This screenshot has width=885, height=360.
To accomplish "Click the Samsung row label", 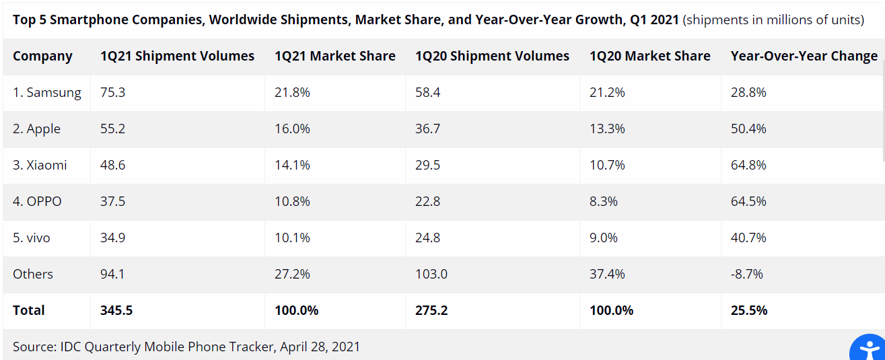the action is [46, 93].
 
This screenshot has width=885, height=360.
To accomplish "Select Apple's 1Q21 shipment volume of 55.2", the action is [112, 129].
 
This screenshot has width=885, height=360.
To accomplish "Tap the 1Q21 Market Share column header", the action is [335, 56].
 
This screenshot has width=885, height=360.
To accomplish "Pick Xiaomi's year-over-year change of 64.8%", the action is [748, 165].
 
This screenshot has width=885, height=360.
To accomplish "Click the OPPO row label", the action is [37, 202].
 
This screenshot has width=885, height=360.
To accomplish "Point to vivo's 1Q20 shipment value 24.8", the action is [427, 238].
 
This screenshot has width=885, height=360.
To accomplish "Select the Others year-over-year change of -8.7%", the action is [747, 275].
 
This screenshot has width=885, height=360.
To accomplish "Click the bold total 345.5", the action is [116, 311].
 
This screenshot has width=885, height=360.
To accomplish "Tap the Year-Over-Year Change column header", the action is [804, 56].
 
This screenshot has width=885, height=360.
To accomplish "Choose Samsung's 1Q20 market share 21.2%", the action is [607, 92].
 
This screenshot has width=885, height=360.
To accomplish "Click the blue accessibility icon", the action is [868, 349].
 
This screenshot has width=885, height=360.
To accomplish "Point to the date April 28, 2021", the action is [320, 347].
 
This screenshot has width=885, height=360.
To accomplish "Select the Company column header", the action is [42, 57].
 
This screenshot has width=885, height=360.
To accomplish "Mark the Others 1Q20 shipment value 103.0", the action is [431, 275].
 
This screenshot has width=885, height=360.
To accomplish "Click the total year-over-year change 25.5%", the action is [749, 311].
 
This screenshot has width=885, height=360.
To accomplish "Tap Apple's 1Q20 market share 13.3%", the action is [607, 129].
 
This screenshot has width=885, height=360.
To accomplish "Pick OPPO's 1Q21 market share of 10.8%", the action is [292, 202].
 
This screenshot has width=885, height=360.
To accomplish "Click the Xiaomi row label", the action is [40, 165].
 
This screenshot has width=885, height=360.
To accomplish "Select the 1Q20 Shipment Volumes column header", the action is [492, 56].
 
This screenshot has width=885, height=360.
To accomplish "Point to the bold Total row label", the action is [28, 311].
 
